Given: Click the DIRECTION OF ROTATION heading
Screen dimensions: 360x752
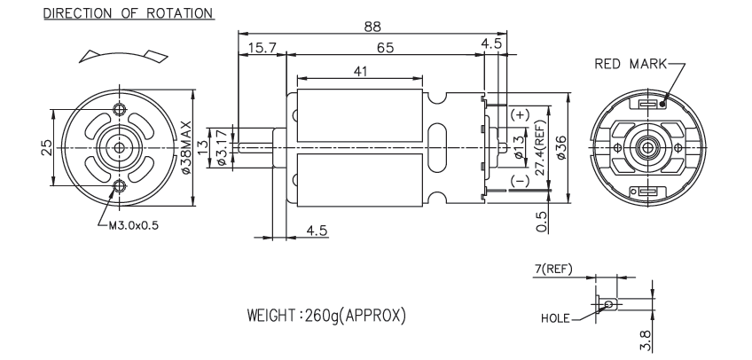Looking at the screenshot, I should [122, 13].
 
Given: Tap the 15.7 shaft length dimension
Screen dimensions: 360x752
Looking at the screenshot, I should [262, 47].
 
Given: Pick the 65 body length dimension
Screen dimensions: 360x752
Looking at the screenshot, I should [384, 47].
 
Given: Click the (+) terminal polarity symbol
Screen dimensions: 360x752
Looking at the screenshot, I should [520, 115].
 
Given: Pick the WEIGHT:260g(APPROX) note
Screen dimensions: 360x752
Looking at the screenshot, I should [329, 316].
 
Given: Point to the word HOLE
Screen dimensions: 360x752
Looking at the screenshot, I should [554, 316].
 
